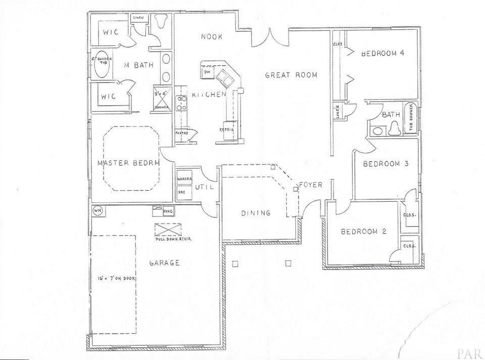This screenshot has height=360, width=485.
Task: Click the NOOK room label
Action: [212, 36]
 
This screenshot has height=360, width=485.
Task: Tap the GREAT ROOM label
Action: [292, 75]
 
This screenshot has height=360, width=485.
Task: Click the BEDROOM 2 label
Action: [363, 232]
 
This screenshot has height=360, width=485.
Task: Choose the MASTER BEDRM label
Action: [128, 163]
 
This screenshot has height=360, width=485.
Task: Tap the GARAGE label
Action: [165, 263]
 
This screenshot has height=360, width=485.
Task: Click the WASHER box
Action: [183, 179]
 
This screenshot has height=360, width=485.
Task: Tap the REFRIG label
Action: [226, 129]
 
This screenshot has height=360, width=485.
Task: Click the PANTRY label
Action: [182, 133]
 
